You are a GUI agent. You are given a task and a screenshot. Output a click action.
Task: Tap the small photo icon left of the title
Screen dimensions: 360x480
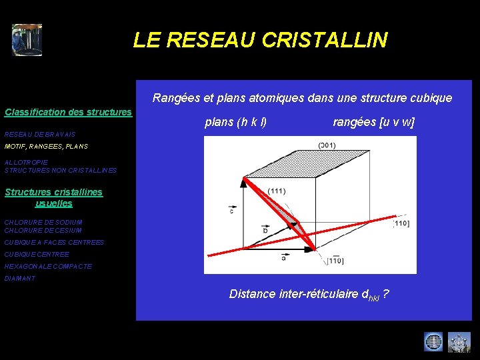[27, 40]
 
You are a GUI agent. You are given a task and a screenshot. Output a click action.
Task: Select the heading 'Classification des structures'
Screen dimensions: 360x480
[68, 112]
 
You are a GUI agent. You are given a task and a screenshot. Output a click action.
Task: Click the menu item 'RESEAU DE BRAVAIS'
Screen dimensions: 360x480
[40, 134]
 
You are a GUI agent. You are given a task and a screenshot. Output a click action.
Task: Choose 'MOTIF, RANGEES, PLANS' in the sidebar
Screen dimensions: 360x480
[46, 146]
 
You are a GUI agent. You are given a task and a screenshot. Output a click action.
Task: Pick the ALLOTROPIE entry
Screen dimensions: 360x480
[26, 163]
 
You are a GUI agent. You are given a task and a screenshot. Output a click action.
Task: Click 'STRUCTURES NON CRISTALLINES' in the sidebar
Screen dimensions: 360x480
[61, 171]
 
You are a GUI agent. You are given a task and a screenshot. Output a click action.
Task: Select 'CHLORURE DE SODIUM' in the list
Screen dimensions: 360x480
[43, 222]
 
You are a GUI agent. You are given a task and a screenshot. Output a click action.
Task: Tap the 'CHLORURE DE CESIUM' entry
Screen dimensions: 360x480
[43, 231]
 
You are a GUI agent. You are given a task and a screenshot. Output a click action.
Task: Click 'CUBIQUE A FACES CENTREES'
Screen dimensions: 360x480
[54, 243]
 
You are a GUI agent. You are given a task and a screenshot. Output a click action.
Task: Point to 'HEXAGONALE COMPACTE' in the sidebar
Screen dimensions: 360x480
[48, 267]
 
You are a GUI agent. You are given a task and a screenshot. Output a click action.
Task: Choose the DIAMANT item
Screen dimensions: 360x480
[20, 279]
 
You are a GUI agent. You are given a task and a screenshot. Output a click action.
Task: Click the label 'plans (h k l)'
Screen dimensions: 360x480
[236, 122]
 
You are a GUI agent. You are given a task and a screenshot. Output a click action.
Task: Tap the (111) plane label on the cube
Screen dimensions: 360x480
[277, 191]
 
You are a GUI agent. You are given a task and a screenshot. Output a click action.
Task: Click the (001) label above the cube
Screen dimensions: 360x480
[327, 145]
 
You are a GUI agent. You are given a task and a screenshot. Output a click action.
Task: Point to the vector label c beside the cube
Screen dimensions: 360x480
[231, 211]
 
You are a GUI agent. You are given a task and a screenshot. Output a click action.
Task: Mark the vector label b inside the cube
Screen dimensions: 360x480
[265, 230]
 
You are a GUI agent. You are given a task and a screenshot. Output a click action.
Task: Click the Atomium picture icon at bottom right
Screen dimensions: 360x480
[459, 342]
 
